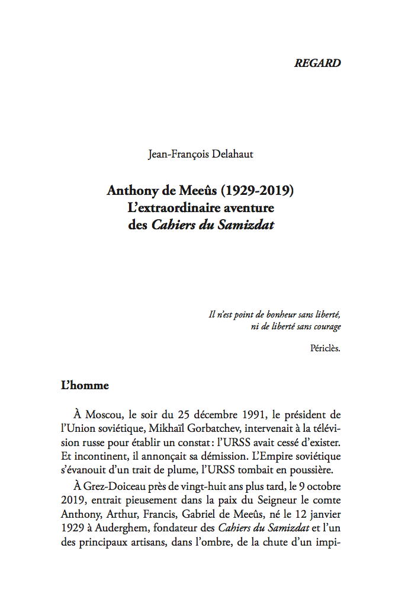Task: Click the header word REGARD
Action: coord(317,63)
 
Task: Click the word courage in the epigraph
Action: coord(326,327)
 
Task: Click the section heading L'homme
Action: coord(85,386)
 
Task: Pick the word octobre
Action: coord(323,488)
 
